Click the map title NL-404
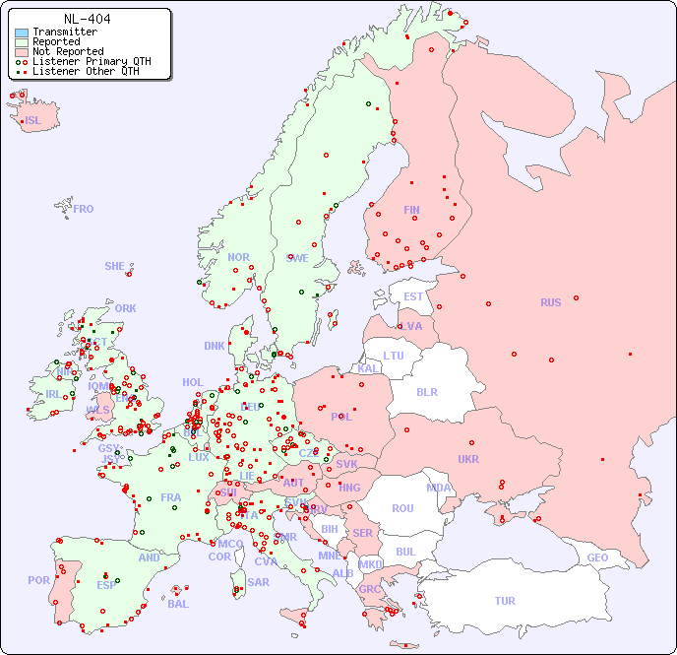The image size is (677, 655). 87,19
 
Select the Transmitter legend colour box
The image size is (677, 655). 22,33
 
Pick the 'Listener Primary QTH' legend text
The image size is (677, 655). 92,61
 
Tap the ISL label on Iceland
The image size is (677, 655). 33,121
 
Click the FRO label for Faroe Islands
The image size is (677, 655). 84,209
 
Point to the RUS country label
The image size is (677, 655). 550,302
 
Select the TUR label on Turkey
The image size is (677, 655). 505,601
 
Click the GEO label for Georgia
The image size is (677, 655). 597,557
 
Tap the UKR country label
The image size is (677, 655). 468,459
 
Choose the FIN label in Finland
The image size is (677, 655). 411,210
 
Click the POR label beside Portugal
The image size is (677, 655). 38,580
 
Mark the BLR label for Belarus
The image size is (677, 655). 427,391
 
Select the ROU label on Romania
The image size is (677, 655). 402,508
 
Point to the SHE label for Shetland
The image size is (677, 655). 115,266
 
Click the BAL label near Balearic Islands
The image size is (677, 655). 177,604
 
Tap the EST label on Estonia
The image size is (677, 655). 413,296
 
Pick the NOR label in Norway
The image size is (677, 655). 238,257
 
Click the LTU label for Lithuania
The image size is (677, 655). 394,356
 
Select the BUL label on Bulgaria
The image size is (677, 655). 405,552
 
